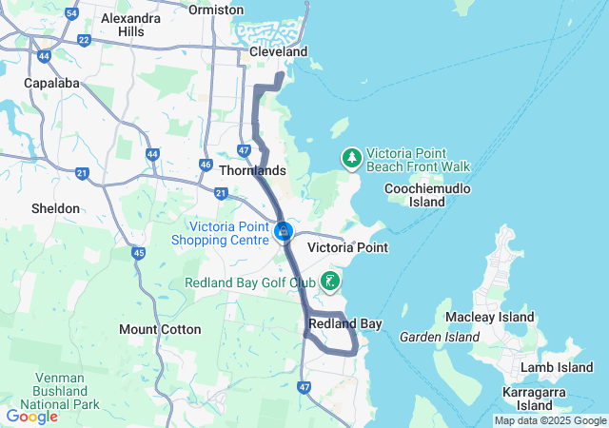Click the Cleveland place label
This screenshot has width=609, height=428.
click(x=278, y=51)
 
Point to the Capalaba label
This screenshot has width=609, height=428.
click(x=49, y=83)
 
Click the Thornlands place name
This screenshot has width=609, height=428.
click(x=252, y=170)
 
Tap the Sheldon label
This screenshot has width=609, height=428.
click(x=55, y=207)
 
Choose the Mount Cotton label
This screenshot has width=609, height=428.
click(x=160, y=329)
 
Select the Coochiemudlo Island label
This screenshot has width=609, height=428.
click(x=428, y=195)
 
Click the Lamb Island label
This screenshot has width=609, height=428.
click(x=560, y=367)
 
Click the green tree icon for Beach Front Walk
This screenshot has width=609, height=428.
click(x=351, y=158)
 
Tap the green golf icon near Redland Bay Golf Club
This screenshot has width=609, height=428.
click(x=330, y=281)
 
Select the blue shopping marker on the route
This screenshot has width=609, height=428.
click(x=283, y=231)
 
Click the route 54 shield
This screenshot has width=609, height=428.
click(x=72, y=12)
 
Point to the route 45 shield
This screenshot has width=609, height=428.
click(x=139, y=252)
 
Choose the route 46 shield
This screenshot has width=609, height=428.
click(x=206, y=164)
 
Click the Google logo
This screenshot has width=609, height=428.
click(x=31, y=416)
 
